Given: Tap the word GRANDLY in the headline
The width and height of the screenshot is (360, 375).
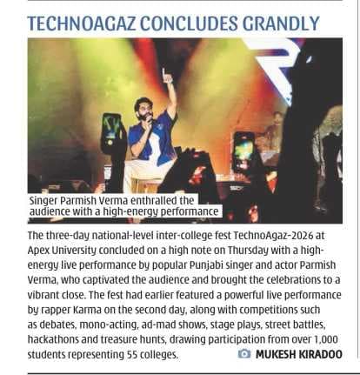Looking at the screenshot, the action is [283, 21].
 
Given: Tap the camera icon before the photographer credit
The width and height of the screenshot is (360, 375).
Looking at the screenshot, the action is [244, 355].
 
